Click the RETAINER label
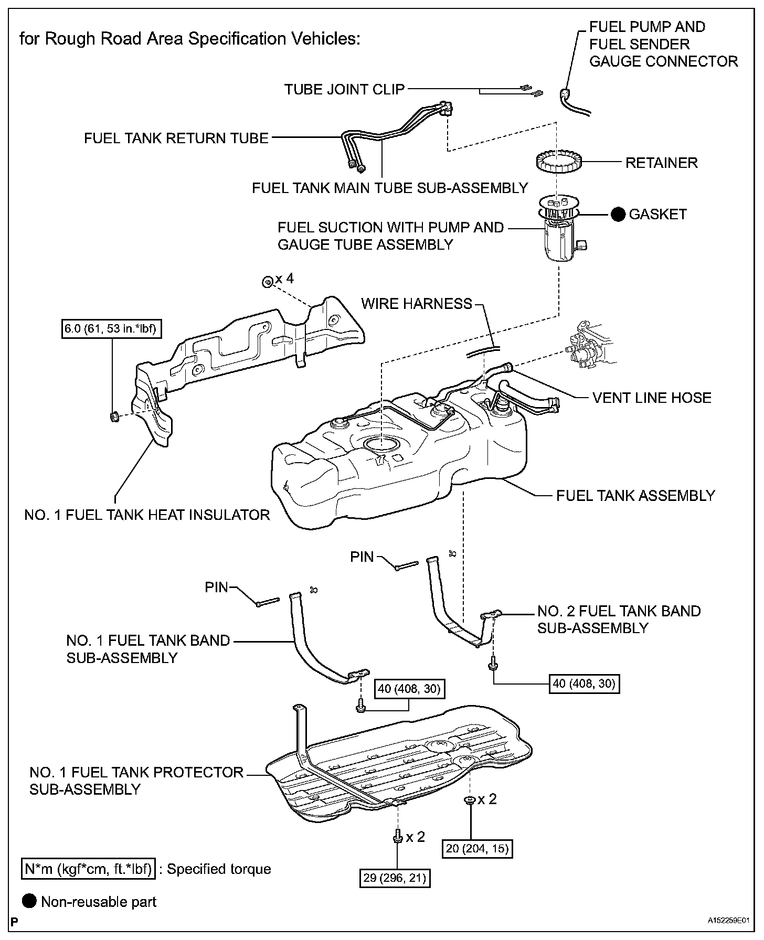click(x=661, y=163)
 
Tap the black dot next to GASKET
click(x=618, y=214)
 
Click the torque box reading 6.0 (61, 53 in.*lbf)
click(x=111, y=329)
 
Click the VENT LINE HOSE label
click(x=652, y=398)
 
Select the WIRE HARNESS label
click(x=417, y=304)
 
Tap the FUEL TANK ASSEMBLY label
click(x=635, y=496)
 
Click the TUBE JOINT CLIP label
click(x=344, y=90)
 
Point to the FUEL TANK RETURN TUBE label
click(x=176, y=138)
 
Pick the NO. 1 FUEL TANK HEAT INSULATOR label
click(x=147, y=515)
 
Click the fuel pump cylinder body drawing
click(x=560, y=241)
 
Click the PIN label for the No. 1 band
click(x=217, y=587)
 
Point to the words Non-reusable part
click(x=99, y=902)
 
